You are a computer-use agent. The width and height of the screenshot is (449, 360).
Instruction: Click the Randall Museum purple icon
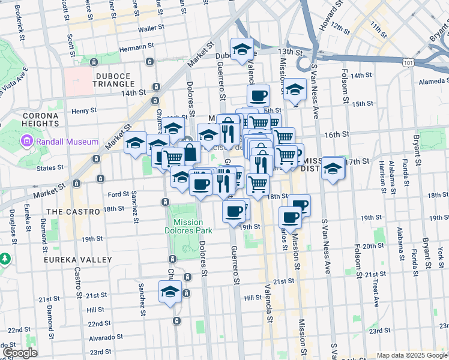coord(26,142)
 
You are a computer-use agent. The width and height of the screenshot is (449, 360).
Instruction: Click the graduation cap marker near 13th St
coord(242,49)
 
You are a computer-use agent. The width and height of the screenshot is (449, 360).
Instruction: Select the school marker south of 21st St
coord(170,292)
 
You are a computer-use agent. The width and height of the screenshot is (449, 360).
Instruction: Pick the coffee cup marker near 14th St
coord(258,95)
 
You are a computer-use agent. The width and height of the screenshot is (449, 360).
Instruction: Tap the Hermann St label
coord(133,47)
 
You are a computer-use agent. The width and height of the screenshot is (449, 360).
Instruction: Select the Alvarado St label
coord(102,338)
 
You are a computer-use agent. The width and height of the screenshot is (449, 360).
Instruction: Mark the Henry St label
coord(84,111)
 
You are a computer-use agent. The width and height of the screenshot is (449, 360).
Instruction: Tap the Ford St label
coord(118,194)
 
